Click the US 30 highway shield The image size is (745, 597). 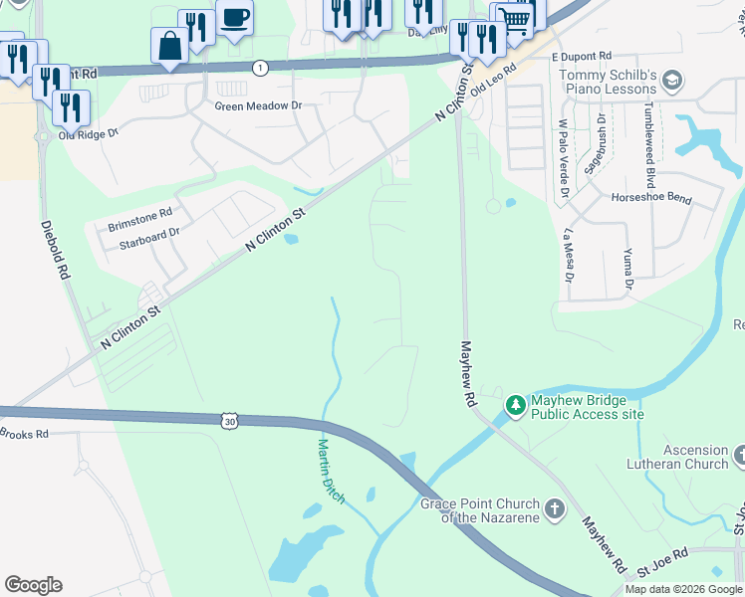230,421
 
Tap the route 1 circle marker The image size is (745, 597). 260,68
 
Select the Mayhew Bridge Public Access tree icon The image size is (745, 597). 516,404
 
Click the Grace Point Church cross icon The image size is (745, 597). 556,509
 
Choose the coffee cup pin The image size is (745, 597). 234,18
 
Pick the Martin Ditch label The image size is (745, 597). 331,471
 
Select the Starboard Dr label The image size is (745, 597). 148,232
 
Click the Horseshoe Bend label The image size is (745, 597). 651,199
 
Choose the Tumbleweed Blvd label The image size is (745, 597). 649,144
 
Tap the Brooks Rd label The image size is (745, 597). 24,433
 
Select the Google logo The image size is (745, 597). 33,585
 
